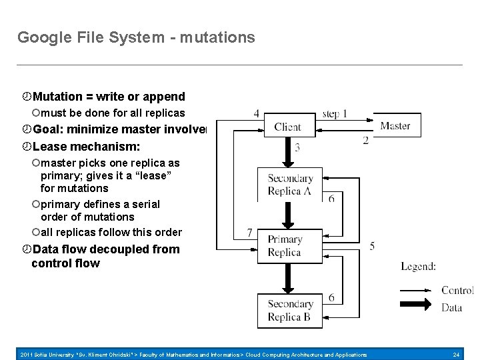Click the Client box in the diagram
[x=287, y=127]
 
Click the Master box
[x=395, y=125]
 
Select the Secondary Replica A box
[x=290, y=184]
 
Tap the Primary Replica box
[x=285, y=245]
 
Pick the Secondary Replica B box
[x=290, y=311]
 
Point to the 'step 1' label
[x=334, y=113]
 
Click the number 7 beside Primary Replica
[x=249, y=233]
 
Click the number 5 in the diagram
[x=371, y=246]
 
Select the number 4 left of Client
[x=257, y=113]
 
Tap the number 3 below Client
[x=297, y=147]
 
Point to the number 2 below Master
[x=365, y=140]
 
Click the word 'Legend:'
[x=418, y=267]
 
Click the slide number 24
[x=456, y=355]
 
